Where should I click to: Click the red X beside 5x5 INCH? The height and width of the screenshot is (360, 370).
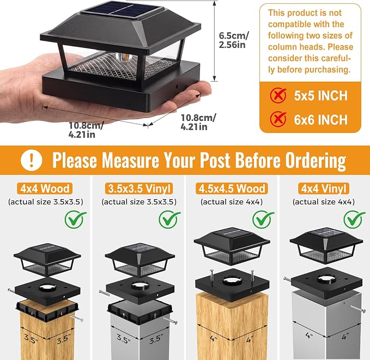[x=278, y=95]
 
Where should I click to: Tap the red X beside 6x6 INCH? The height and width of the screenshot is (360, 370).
[x=278, y=119]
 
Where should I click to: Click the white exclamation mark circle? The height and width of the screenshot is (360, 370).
[x=32, y=160]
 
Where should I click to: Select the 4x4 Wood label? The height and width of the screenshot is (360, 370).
[x=45, y=188]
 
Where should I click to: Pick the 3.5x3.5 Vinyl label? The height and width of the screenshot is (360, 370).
[x=139, y=188]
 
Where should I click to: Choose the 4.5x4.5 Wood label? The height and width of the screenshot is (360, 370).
[x=232, y=188]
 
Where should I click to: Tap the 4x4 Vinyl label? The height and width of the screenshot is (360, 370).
[x=324, y=188]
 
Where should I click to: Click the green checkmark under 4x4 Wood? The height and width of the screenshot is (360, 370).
[x=76, y=219]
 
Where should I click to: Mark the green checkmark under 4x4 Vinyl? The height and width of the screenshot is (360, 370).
[x=354, y=219]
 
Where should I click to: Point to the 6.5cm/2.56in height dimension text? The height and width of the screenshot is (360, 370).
[x=234, y=40]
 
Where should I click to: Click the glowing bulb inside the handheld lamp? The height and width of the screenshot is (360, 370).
[x=123, y=57]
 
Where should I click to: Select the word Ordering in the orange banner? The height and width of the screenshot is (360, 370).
[x=316, y=161]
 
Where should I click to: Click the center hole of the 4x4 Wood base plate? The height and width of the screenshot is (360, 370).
[x=47, y=288]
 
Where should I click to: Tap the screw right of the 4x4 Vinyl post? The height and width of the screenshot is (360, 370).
[x=358, y=308]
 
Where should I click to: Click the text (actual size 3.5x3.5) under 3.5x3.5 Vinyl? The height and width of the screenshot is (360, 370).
[x=139, y=202]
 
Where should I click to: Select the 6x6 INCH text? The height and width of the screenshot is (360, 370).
[x=320, y=120]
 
